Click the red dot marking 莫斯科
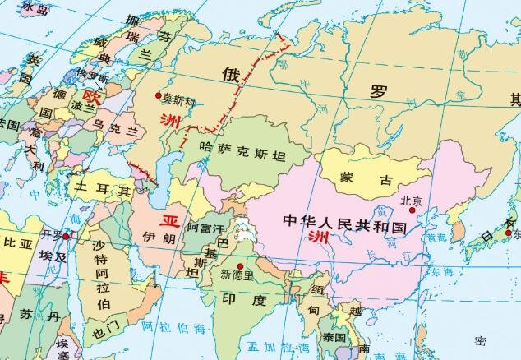[158, 96]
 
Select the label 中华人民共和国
[344, 223]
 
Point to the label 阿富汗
[205, 226]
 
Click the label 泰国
[334, 338]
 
